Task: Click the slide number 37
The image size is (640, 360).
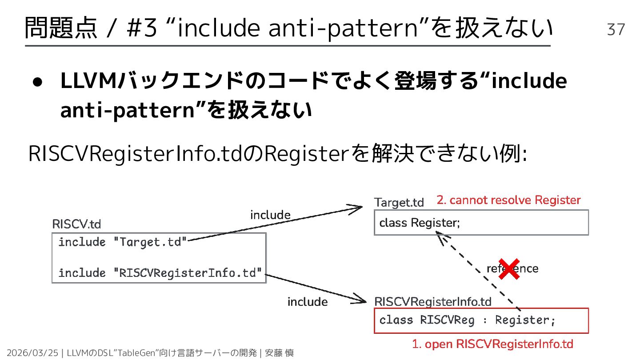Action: [x=616, y=29]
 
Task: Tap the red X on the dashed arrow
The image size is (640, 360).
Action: [x=509, y=269]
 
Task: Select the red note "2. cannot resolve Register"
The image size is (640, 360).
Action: [x=508, y=200]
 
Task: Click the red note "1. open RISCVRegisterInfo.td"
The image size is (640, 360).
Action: [x=492, y=344]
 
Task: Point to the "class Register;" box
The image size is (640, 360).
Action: [x=481, y=222]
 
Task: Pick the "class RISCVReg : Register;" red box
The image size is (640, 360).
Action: [x=481, y=320]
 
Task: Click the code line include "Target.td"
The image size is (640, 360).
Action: [x=123, y=242]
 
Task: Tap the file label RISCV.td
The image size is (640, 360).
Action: [x=76, y=224]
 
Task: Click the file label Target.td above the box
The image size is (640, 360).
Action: [x=399, y=203]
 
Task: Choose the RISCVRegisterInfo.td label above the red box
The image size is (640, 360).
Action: [x=433, y=302]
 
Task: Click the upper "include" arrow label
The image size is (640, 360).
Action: [x=270, y=215]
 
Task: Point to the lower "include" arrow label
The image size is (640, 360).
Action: [x=308, y=302]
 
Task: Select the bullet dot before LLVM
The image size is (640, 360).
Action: [x=37, y=84]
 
